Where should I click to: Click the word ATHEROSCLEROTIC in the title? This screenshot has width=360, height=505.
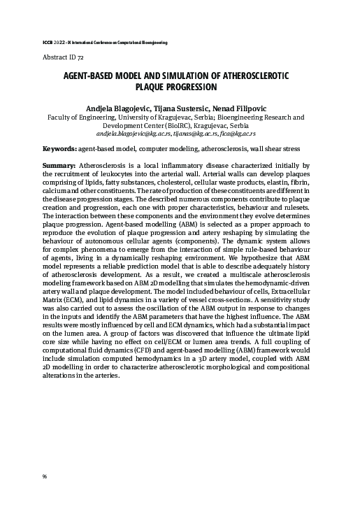tap(250, 76)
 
